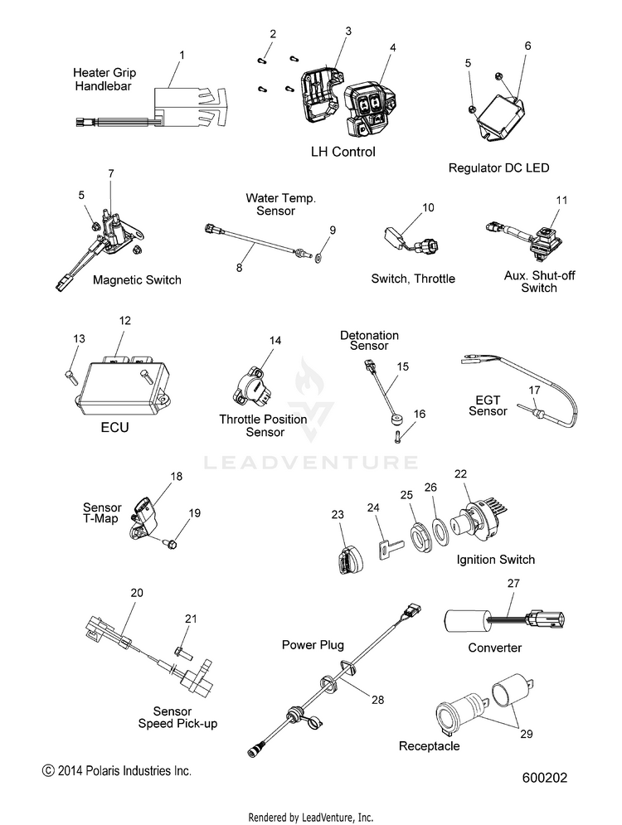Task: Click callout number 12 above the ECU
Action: click(125, 320)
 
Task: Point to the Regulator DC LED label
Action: click(498, 167)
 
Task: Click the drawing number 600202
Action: click(545, 779)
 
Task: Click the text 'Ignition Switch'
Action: click(495, 560)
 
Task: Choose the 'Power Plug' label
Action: click(313, 644)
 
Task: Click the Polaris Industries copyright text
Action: click(117, 771)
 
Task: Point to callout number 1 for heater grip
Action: click(182, 54)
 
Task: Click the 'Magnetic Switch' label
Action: click(137, 279)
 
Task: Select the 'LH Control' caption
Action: click(343, 152)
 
